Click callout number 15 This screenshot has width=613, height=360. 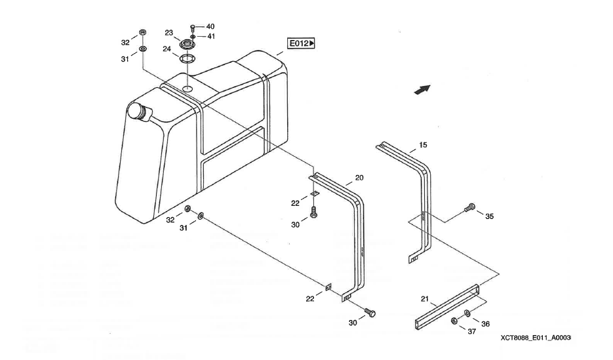[423, 144]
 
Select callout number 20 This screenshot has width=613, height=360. [359, 177]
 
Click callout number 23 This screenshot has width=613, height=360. [168, 32]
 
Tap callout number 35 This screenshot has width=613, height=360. [490, 217]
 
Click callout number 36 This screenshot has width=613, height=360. [485, 323]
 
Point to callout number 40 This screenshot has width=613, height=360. [210, 26]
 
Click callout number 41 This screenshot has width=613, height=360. [210, 36]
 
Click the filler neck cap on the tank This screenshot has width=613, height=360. [139, 111]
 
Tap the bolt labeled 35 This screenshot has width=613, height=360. [468, 208]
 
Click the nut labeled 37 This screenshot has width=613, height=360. [454, 321]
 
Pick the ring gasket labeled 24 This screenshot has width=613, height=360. [187, 59]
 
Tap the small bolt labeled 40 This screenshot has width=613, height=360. [193, 28]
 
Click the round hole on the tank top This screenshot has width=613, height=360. [188, 88]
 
